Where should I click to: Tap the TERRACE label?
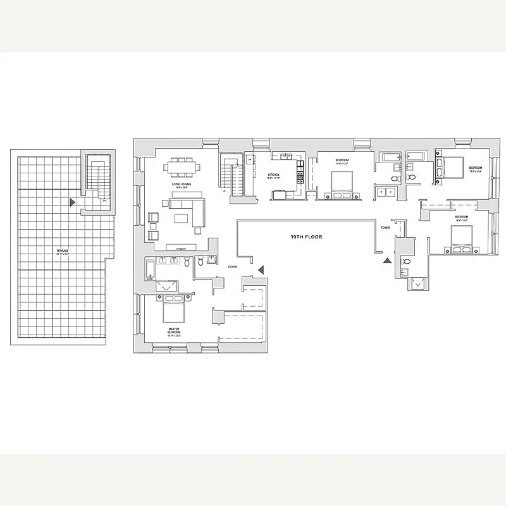(x=62, y=251)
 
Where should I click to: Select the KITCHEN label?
(x=273, y=175)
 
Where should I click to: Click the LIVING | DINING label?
(x=182, y=185)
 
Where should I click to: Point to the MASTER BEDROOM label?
(x=175, y=332)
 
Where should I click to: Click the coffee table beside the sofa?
(x=182, y=219)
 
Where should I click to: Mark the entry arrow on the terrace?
(x=73, y=202)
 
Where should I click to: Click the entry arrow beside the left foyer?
(x=261, y=270)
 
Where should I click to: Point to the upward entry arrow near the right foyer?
(x=387, y=259)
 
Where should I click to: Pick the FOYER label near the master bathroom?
(x=232, y=268)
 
